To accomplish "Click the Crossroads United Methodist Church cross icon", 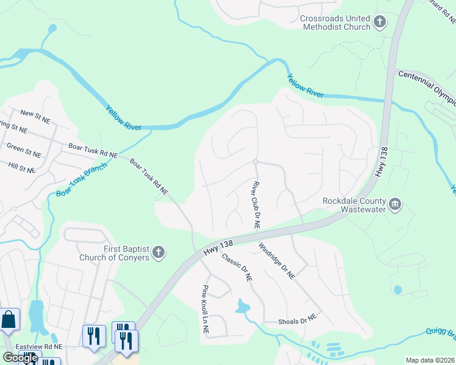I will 379,23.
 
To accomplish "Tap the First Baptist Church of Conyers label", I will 114,252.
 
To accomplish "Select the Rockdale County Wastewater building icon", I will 394,203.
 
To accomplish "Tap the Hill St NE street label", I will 22,165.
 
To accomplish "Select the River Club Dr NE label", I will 256,204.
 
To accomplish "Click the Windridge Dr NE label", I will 277,261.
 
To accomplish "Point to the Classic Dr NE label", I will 237,268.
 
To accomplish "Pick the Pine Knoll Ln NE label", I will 205,310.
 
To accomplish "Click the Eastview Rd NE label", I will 41,346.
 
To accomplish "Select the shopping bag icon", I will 9,319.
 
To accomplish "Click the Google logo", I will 20,358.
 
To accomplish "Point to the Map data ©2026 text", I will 430,360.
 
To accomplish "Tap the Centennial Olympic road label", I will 427,81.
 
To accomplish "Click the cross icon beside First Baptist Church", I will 158,252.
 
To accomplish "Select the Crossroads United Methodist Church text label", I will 335,23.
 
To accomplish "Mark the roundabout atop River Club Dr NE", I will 255,161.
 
